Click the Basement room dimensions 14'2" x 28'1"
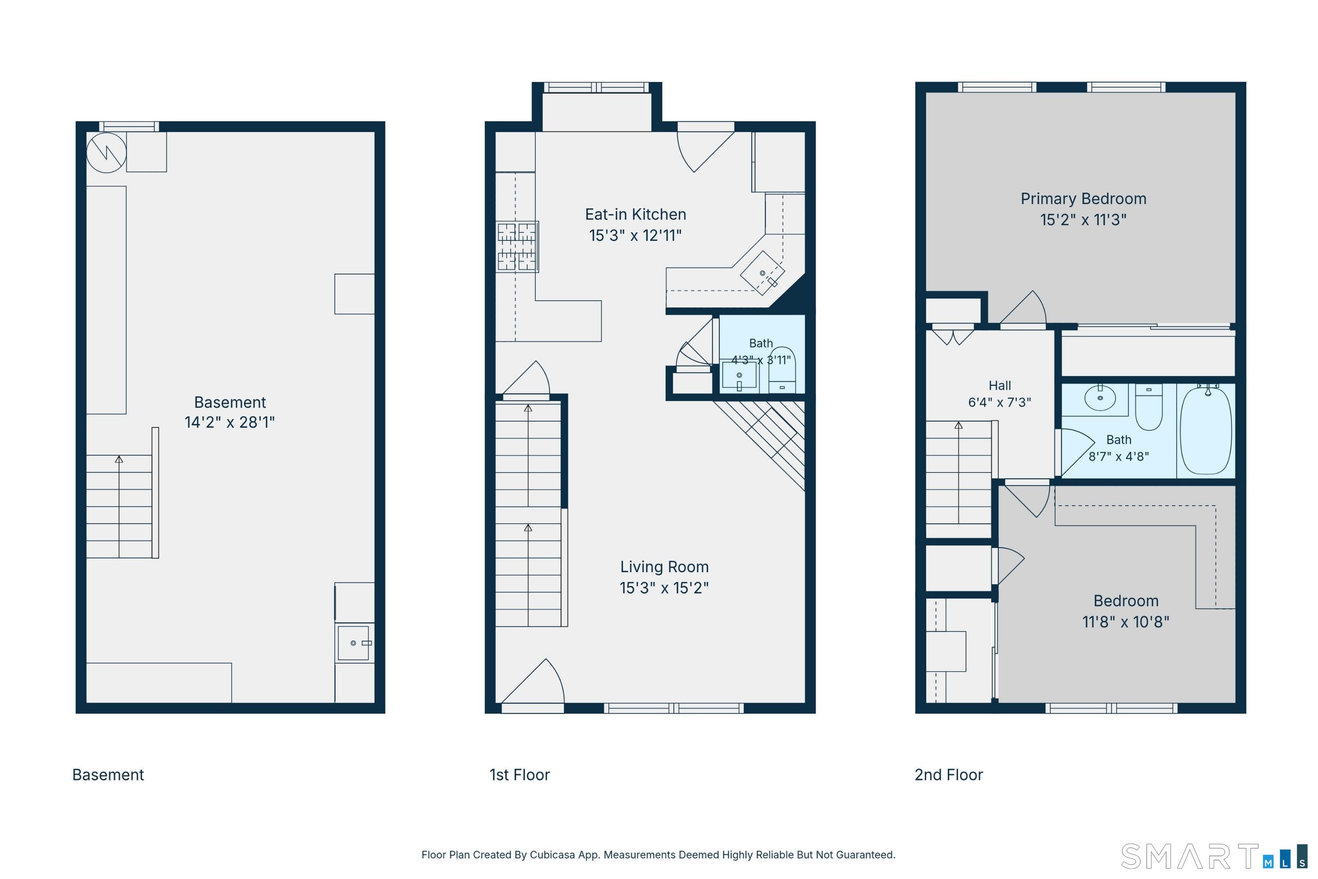tap(230, 421)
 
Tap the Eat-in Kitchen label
tap(635, 214)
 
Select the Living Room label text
tap(664, 567)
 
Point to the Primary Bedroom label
tap(1083, 199)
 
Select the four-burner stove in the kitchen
tap(517, 247)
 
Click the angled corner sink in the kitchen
tap(762, 273)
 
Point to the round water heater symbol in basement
tap(106, 153)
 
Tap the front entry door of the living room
tap(533, 686)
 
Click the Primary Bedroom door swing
tap(1023, 309)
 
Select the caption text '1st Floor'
tap(519, 775)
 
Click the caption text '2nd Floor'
tap(949, 775)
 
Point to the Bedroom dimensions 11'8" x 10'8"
tap(1126, 622)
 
